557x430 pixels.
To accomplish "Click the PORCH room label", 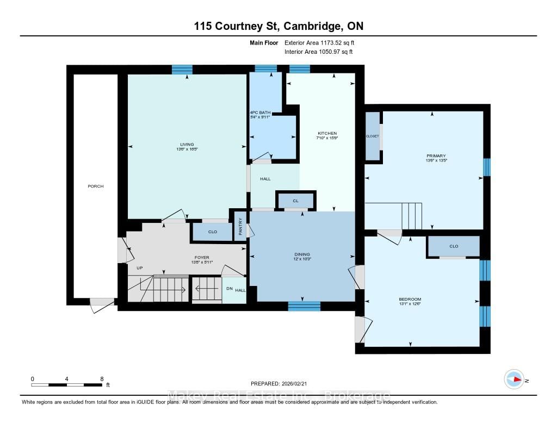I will tap(96, 186).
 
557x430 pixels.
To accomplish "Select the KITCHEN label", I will tap(327, 133).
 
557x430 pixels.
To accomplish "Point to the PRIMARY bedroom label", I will tap(436, 156).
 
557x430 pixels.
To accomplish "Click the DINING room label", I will tap(302, 254).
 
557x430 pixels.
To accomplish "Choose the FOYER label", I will tap(201, 258).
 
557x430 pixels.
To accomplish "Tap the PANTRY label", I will tap(240, 226).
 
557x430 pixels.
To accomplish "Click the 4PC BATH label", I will tap(259, 113).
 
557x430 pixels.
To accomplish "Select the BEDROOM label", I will tap(410, 300).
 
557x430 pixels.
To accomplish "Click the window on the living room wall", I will tap(182, 70).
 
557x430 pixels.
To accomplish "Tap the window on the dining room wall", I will tap(304, 306).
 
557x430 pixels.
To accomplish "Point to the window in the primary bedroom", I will tap(487, 167).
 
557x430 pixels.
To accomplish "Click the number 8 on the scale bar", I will tap(102, 378).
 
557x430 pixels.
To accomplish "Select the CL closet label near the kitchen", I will tap(296, 201).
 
